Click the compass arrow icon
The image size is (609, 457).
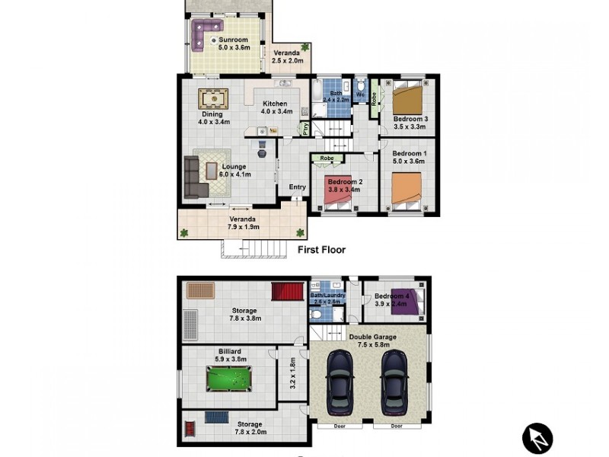537,438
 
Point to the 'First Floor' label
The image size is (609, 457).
320,250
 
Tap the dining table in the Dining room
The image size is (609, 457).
214,99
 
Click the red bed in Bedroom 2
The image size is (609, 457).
338,193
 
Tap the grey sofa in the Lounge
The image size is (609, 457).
191,177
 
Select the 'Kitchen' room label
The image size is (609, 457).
275,104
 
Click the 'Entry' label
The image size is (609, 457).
297,187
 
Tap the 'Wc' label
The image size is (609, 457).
360,95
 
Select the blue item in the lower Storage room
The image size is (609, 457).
217,417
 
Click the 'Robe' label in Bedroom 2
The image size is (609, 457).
328,158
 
